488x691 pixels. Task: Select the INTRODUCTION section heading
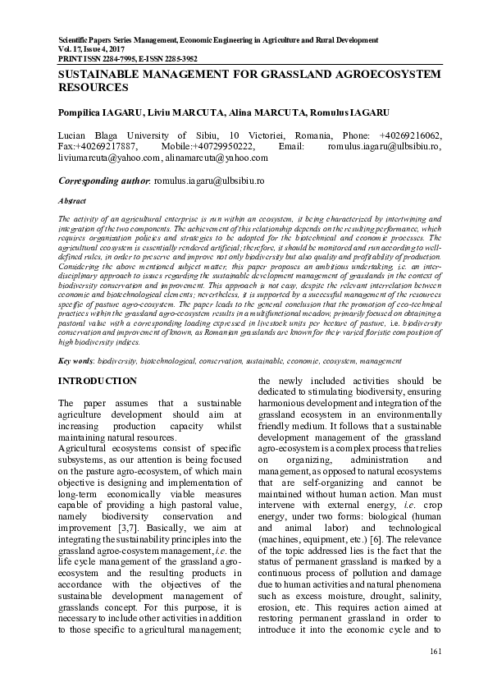point(98,381)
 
